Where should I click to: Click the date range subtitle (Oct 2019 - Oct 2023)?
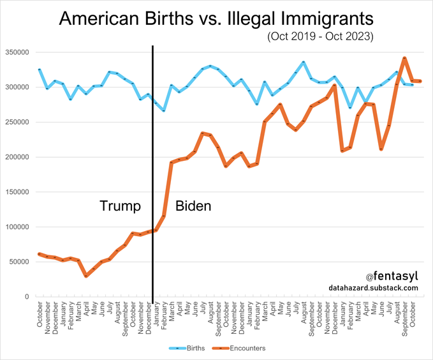point(320,37)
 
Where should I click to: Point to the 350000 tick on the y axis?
point(17,52)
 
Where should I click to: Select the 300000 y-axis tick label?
point(17,87)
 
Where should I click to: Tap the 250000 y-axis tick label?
point(17,123)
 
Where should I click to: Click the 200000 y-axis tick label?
point(17,157)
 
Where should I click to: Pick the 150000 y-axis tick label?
point(17,192)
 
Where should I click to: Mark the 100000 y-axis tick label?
point(17,227)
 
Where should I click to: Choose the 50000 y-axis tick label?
point(18,262)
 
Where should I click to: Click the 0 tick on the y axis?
point(27,297)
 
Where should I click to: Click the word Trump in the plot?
point(120,206)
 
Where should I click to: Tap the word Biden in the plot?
point(193,206)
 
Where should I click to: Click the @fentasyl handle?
point(392,276)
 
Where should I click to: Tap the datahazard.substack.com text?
point(374,289)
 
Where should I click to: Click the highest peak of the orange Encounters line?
point(404,58)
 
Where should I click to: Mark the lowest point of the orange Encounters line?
point(85,276)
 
